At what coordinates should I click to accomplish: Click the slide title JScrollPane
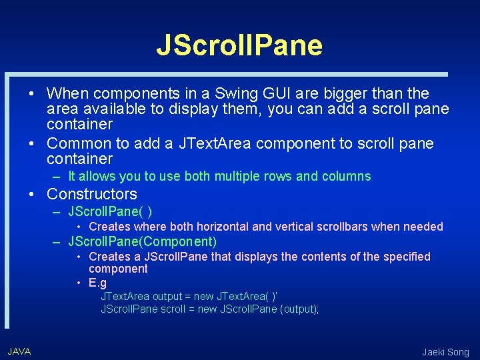[x=239, y=45]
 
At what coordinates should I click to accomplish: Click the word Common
[x=74, y=143]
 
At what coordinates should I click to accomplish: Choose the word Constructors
[x=92, y=194]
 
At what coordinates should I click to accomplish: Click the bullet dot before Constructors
[x=31, y=194]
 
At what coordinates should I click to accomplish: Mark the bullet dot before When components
[x=31, y=93]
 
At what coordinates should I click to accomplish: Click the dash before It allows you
[x=58, y=177]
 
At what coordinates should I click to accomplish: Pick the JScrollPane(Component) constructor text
[x=143, y=241]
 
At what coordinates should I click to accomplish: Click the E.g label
[x=97, y=282]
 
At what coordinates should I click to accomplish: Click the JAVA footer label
[x=19, y=351]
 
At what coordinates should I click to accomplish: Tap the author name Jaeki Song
[x=445, y=352]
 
